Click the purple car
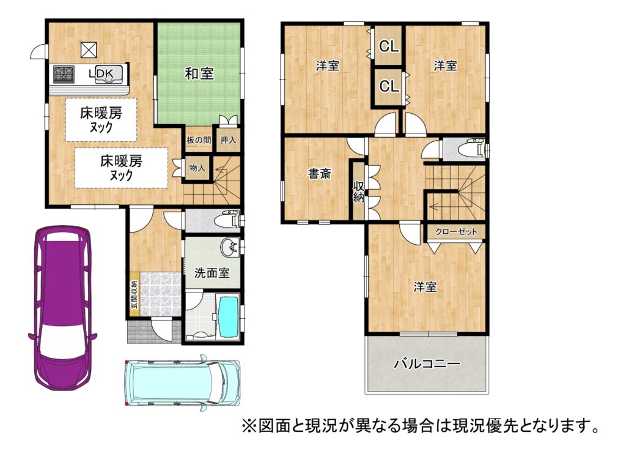(62, 307)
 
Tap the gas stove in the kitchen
(64, 74)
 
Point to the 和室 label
(199, 73)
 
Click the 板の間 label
(199, 140)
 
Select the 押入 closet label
(229, 140)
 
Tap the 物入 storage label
(197, 168)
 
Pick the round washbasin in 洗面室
(230, 247)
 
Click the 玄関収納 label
(134, 294)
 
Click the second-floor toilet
(471, 150)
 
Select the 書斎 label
(319, 174)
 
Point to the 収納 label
(358, 192)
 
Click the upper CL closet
(389, 47)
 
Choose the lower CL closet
(389, 86)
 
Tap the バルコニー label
(427, 363)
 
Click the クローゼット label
(456, 232)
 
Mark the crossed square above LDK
(89, 50)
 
